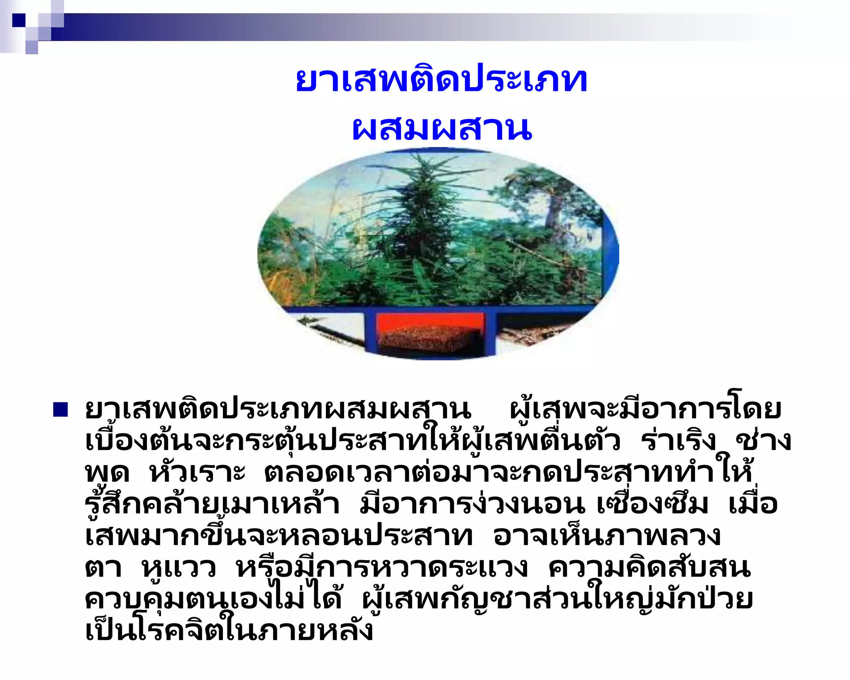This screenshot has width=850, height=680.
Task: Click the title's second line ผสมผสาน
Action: tap(442, 129)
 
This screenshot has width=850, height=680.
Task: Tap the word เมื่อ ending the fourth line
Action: tap(753, 504)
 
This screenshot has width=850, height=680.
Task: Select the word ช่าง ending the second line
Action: tap(764, 441)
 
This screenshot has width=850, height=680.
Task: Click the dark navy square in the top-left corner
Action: tap(19, 20)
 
